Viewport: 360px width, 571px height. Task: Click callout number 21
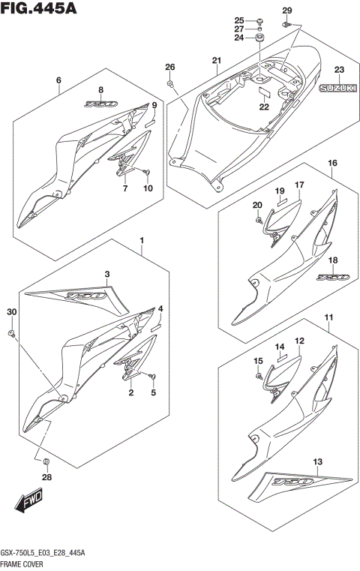point(216,61)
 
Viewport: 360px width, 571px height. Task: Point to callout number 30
point(10,311)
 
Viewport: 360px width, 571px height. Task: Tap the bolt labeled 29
point(287,25)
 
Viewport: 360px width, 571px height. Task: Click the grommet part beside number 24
point(259,38)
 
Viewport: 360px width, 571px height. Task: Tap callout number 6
point(57,80)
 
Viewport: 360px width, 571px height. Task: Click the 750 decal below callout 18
point(332,277)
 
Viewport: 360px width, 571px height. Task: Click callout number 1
point(139,240)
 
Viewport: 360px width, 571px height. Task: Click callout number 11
point(328,318)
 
